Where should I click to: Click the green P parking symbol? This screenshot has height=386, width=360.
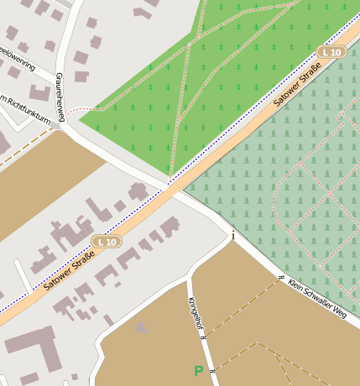click(199, 370)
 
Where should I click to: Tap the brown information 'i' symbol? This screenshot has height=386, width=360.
click(233, 236)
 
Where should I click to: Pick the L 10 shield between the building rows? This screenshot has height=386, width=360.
click(108, 242)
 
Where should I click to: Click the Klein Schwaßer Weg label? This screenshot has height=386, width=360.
click(316, 299)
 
